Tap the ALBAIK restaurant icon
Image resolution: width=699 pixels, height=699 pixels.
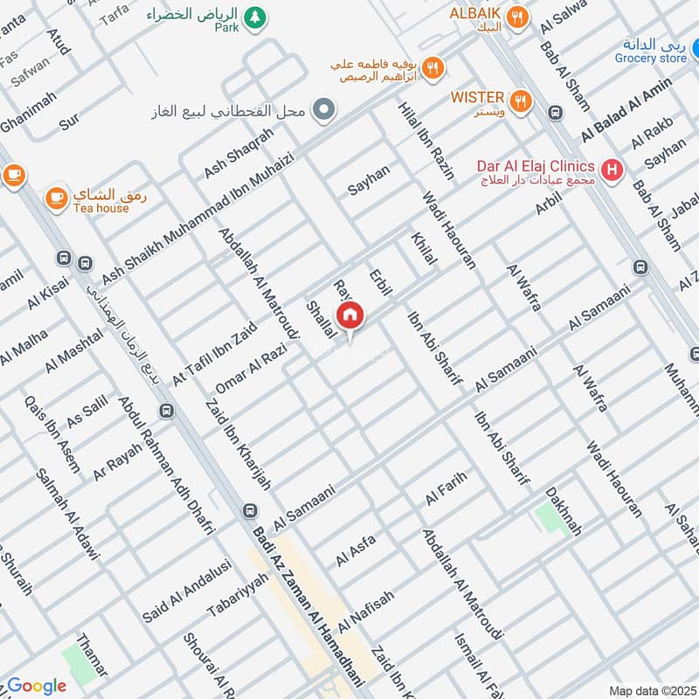(x=519, y=17)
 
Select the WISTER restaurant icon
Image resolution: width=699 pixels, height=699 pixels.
(x=521, y=101)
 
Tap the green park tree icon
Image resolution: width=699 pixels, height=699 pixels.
(x=254, y=17)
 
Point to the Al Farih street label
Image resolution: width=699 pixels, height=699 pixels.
(x=446, y=489)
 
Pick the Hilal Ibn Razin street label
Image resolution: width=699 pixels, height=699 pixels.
(x=426, y=140)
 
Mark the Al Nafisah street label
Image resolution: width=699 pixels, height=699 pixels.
(x=366, y=612)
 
